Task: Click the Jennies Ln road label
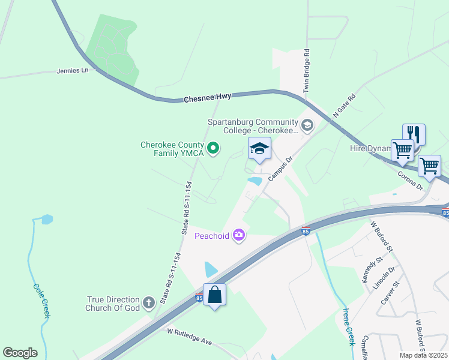tap(73, 70)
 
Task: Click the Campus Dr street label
tap(280, 169)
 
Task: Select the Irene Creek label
tap(349, 327)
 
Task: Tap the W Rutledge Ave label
tap(190, 337)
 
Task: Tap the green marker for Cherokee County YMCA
tap(212, 148)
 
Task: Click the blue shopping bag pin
tap(214, 295)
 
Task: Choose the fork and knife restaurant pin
tap(414, 134)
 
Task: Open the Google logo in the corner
tap(20, 353)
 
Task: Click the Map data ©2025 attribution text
tap(423, 355)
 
